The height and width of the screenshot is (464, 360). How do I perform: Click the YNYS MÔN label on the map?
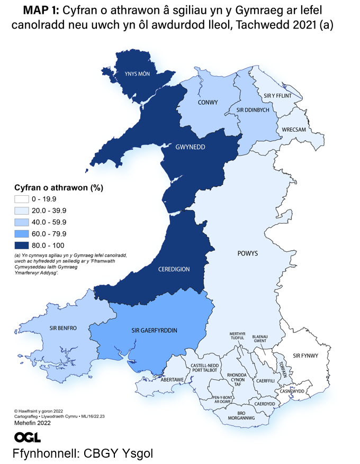(138, 74)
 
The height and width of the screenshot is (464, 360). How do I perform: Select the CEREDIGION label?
(174, 269)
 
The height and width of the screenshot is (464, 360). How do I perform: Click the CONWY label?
(208, 102)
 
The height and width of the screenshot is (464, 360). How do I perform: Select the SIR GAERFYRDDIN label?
(154, 331)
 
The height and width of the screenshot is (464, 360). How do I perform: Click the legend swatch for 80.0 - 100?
(22, 245)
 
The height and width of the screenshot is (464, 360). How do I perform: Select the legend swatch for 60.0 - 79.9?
(22, 233)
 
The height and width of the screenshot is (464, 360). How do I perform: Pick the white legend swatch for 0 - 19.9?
(22, 199)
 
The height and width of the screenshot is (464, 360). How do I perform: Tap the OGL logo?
(28, 437)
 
